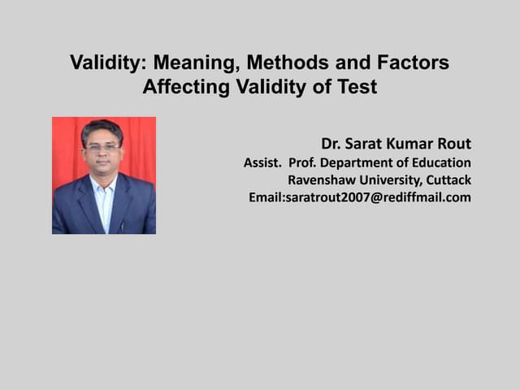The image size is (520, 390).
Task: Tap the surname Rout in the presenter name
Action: click(452, 145)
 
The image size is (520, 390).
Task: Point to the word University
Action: click(384, 180)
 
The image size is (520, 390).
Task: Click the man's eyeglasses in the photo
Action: click(102, 149)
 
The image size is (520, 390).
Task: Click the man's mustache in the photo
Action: click(102, 162)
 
